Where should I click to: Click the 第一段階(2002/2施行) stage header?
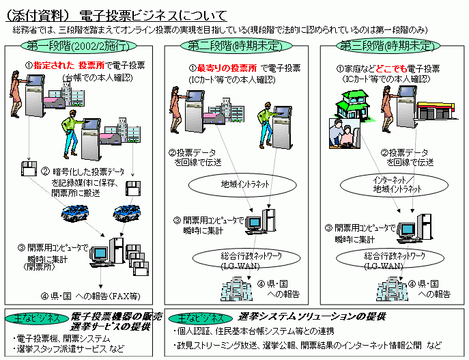click(81, 46)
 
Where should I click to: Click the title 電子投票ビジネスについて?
click(150, 14)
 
